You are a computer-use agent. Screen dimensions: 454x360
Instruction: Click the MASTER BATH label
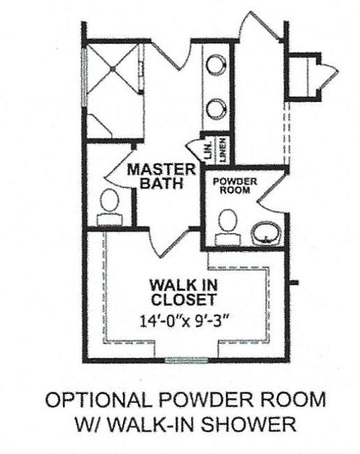(x=161, y=177)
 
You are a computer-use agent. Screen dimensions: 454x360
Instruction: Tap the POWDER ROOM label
(x=235, y=185)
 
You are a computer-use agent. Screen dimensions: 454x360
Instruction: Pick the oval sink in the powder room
(x=266, y=233)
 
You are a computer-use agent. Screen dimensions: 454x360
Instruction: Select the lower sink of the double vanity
(x=217, y=108)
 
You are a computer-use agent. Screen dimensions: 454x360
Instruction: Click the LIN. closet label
(x=208, y=152)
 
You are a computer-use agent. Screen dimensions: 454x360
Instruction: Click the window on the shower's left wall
(x=84, y=76)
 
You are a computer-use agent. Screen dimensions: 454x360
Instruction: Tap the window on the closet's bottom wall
(x=181, y=360)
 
